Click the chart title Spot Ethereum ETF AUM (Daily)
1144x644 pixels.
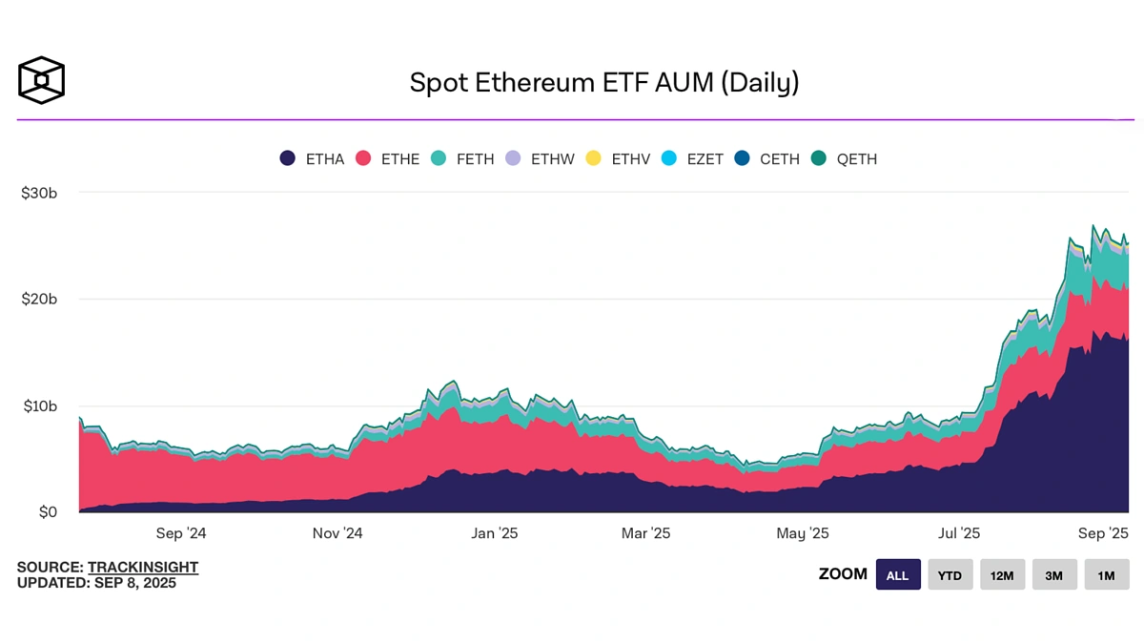click(603, 83)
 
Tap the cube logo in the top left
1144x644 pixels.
click(41, 80)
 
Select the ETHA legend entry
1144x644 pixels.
click(311, 159)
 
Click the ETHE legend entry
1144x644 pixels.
click(387, 159)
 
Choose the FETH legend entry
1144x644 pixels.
click(462, 159)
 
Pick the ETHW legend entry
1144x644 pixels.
click(540, 159)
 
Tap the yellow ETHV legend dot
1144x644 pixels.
click(593, 159)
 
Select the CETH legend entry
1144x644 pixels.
click(767, 159)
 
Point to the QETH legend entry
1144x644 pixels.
click(844, 159)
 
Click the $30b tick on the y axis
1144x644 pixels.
click(39, 193)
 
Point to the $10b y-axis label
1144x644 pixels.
click(39, 406)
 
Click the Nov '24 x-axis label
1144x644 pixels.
click(337, 534)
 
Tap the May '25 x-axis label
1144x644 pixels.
click(803, 534)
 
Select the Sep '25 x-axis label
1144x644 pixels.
click(1103, 534)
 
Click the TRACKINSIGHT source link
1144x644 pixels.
click(143, 568)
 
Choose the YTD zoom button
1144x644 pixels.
click(950, 575)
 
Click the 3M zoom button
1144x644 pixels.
click(1054, 575)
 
